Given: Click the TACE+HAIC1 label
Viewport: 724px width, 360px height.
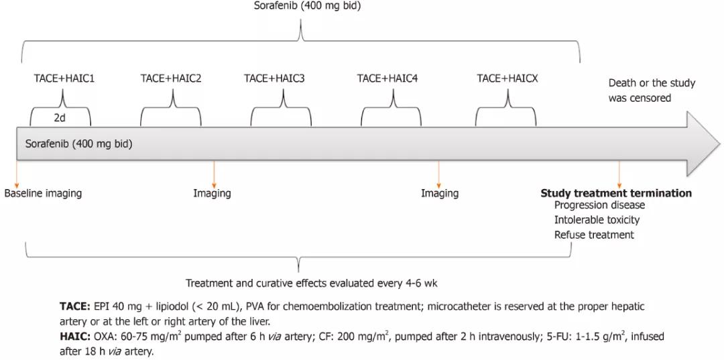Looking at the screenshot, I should pos(64,78).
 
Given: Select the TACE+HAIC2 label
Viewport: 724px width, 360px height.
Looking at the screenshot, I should pos(171,78).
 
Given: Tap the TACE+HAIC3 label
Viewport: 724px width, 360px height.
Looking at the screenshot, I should pos(274,78).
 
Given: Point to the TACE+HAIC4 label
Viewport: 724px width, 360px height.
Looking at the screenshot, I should pos(387,78).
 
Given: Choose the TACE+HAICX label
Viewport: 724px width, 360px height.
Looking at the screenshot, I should pos(507,78).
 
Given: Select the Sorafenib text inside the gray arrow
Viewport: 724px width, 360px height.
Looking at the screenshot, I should pos(78,143).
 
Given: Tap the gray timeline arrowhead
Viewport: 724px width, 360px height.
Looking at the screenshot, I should pos(703,143).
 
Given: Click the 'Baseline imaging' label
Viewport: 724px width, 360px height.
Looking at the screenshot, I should pos(43,193).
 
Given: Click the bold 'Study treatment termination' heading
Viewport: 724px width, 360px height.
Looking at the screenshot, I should pos(616,193).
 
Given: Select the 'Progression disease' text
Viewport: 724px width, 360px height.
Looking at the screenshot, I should pos(599,205).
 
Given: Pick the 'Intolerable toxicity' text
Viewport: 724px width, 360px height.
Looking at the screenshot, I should pos(597,220).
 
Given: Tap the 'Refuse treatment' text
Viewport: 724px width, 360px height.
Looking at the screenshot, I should pos(594,235).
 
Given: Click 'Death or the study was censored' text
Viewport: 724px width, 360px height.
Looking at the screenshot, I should pos(652,91).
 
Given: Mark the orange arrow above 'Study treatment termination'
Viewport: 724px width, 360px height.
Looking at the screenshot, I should pos(619,173).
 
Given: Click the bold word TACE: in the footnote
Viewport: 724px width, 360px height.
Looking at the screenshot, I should pos(74,306).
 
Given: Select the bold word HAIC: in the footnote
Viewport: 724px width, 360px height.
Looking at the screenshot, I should pos(74,337).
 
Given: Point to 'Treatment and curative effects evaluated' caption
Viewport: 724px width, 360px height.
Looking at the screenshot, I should pos(312,283).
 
